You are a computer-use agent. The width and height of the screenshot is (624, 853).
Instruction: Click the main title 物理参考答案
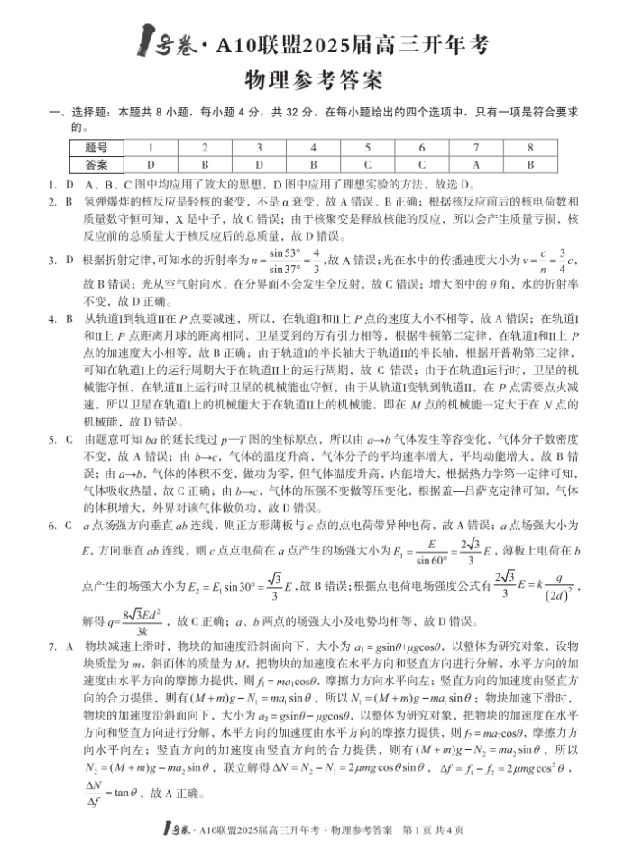click(x=313, y=79)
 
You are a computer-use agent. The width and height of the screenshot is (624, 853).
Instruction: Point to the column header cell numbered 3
click(x=260, y=147)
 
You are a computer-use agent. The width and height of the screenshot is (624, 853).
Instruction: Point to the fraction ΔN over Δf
click(x=93, y=793)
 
